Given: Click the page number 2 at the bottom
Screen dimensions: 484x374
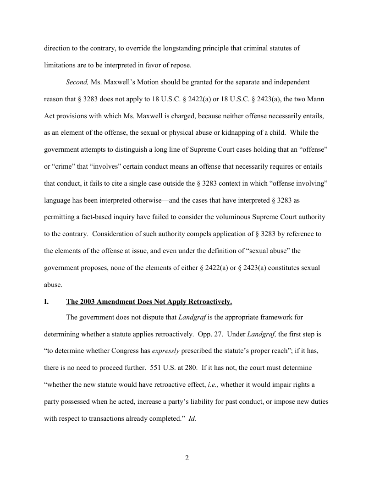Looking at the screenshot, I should coord(187,458).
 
